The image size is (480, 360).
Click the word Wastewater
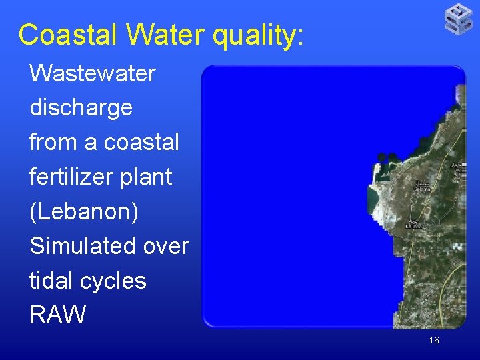(x=93, y=73)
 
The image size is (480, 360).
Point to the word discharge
(x=81, y=108)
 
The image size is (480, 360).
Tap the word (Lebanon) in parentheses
(x=84, y=212)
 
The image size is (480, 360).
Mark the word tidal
(x=50, y=281)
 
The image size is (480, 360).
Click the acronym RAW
(x=58, y=315)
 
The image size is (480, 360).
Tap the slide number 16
(x=434, y=341)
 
